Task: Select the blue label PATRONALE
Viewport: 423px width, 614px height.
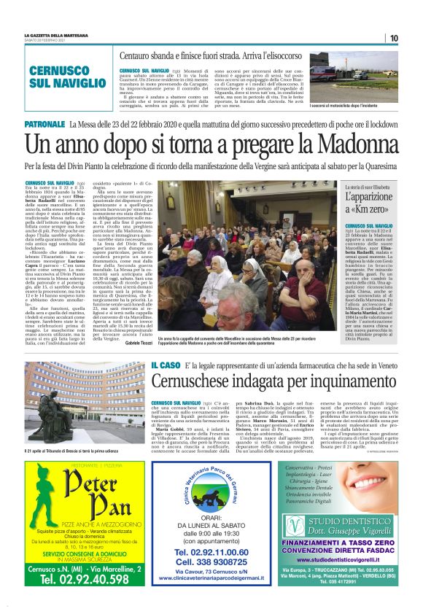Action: tap(44, 125)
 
